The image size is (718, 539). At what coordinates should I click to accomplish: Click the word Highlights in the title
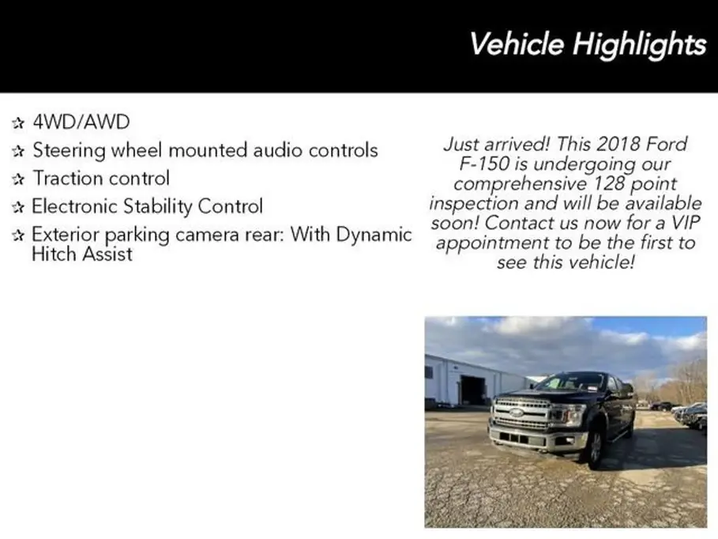(x=639, y=44)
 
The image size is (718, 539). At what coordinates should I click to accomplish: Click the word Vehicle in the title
(x=517, y=44)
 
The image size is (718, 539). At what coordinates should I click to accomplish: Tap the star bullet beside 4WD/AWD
(x=18, y=122)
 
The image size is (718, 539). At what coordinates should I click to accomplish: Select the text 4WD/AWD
(x=81, y=122)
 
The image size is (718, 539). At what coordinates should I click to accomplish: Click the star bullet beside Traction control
(x=18, y=179)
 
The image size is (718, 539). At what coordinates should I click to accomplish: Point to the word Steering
(x=70, y=151)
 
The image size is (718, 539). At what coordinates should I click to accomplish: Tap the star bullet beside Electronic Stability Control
(x=18, y=207)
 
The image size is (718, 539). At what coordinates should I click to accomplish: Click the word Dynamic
(x=374, y=235)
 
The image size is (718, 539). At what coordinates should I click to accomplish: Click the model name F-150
(x=484, y=164)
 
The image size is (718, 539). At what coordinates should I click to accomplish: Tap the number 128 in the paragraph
(x=608, y=183)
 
